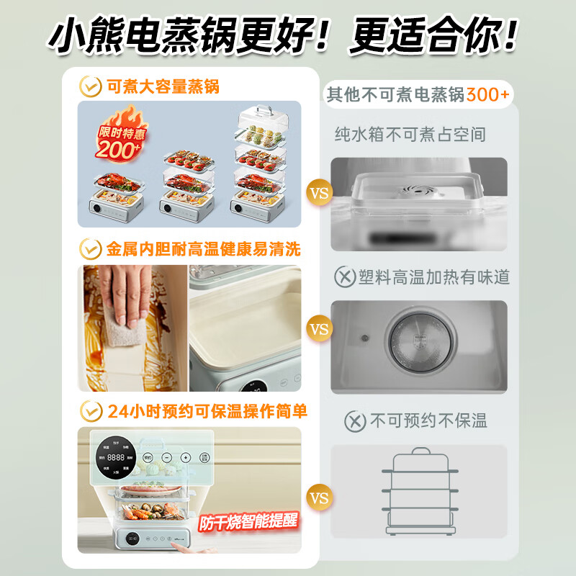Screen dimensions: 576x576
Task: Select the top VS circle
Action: [x=318, y=193]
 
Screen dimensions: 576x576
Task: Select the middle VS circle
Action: [x=318, y=329]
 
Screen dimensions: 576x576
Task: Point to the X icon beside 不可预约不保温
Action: [x=355, y=421]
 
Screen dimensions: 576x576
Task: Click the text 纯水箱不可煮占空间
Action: [x=410, y=134]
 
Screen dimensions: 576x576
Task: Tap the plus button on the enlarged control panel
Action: [x=186, y=457]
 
